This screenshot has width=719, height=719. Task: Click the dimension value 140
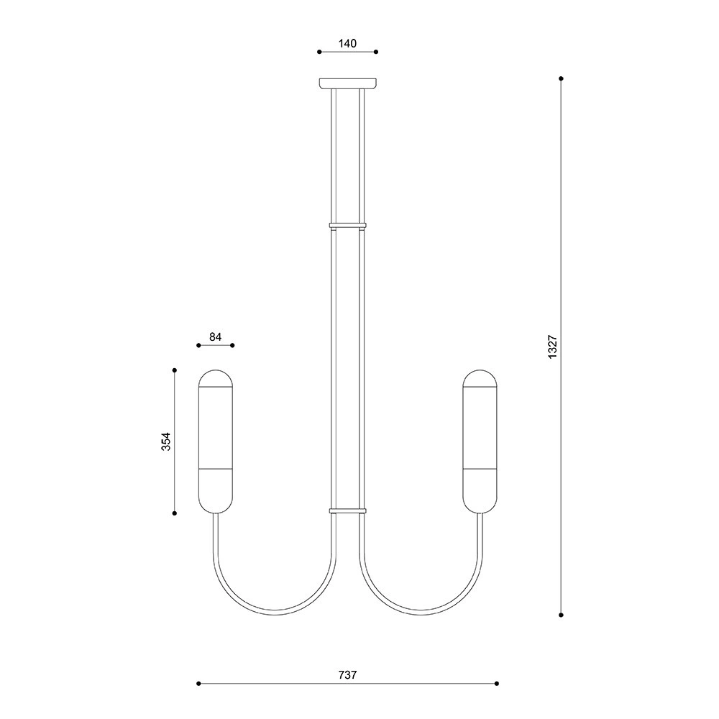(347, 44)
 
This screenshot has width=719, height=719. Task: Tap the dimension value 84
(216, 337)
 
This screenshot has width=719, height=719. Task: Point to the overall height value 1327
(552, 347)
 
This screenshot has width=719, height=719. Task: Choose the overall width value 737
(347, 675)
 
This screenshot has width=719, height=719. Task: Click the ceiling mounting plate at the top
(348, 83)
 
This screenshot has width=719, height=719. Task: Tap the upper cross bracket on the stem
(347, 225)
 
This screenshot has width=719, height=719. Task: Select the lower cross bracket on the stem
(347, 510)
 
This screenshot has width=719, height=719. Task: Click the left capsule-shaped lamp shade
(216, 441)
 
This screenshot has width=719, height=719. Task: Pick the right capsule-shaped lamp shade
(480, 441)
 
